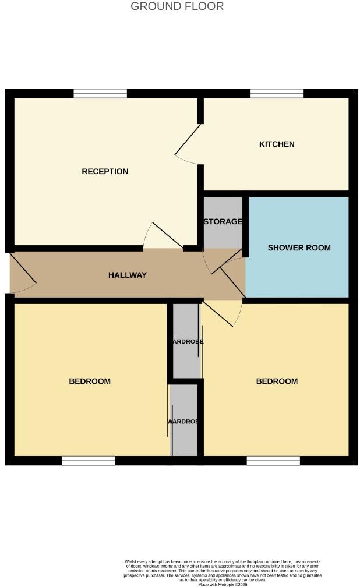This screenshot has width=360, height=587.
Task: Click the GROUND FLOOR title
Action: [x=177, y=6]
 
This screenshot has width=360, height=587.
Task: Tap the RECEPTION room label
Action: [x=105, y=171]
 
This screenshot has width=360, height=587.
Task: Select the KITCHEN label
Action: [x=277, y=144]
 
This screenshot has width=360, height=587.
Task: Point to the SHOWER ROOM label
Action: [x=299, y=247]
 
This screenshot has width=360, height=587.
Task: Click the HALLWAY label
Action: [x=127, y=275]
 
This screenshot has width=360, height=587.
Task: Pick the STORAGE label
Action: [x=223, y=222]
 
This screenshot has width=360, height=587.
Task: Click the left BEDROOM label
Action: [x=90, y=381]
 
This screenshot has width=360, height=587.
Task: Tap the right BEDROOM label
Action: [x=277, y=381]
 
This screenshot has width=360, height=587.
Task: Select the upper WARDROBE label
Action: [x=186, y=342]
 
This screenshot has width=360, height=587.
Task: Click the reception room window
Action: [x=100, y=93]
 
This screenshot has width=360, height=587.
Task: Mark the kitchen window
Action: [x=277, y=93]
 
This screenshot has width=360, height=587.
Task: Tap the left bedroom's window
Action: [x=88, y=461]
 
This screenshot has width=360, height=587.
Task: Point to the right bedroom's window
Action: [x=273, y=461]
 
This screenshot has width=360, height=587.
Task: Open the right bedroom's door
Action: [x=221, y=313]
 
